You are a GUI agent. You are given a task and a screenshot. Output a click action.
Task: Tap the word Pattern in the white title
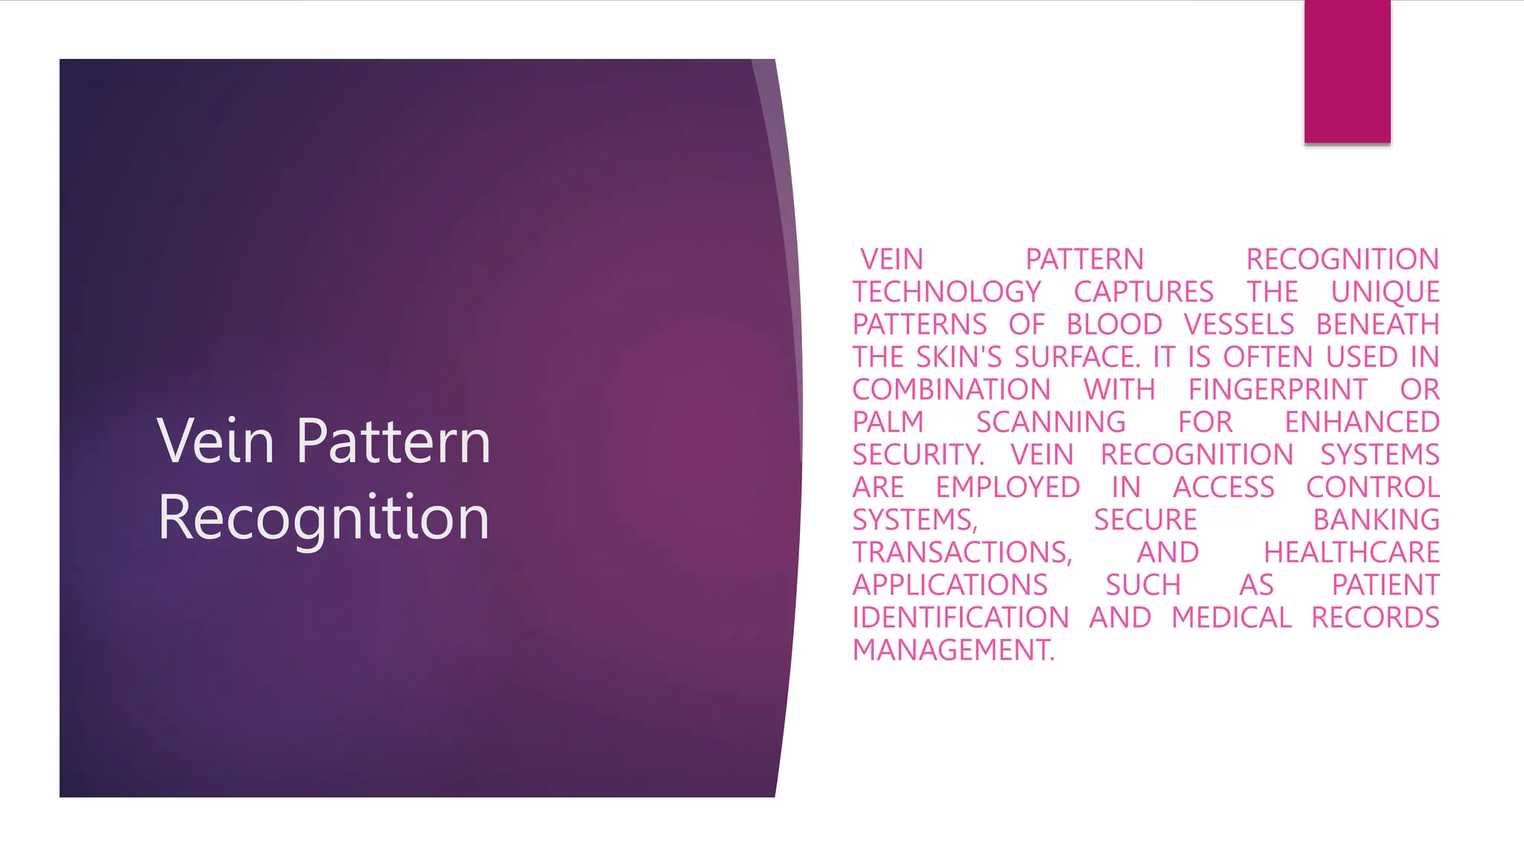[394, 441]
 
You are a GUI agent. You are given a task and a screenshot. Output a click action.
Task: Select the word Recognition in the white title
[324, 519]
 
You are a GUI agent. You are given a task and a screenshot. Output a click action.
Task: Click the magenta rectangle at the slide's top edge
[1347, 71]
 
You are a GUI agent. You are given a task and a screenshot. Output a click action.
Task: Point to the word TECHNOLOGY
[947, 292]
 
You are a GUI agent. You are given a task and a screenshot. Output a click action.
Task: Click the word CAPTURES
[1144, 292]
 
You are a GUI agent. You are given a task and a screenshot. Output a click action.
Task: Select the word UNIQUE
[1385, 292]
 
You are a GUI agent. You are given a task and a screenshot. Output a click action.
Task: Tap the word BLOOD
[1114, 324]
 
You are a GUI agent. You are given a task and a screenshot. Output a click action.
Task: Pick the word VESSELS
[1239, 324]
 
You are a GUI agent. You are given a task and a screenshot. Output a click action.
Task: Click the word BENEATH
[1377, 324]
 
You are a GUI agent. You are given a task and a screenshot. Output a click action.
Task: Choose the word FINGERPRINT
[1278, 390]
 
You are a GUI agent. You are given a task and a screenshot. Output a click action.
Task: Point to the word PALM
[888, 422]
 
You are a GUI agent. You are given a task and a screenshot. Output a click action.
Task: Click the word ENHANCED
[1362, 422]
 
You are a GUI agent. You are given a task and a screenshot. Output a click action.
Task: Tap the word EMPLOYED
[1008, 487]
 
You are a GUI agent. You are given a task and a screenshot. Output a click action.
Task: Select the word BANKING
[1376, 520]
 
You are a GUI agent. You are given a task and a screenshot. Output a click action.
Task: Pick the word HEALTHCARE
[1351, 553]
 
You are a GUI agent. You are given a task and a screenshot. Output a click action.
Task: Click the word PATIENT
[1386, 585]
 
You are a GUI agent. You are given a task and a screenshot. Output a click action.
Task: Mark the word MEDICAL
[1232, 617]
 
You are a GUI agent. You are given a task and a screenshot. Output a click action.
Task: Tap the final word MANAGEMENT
[952, 650]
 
